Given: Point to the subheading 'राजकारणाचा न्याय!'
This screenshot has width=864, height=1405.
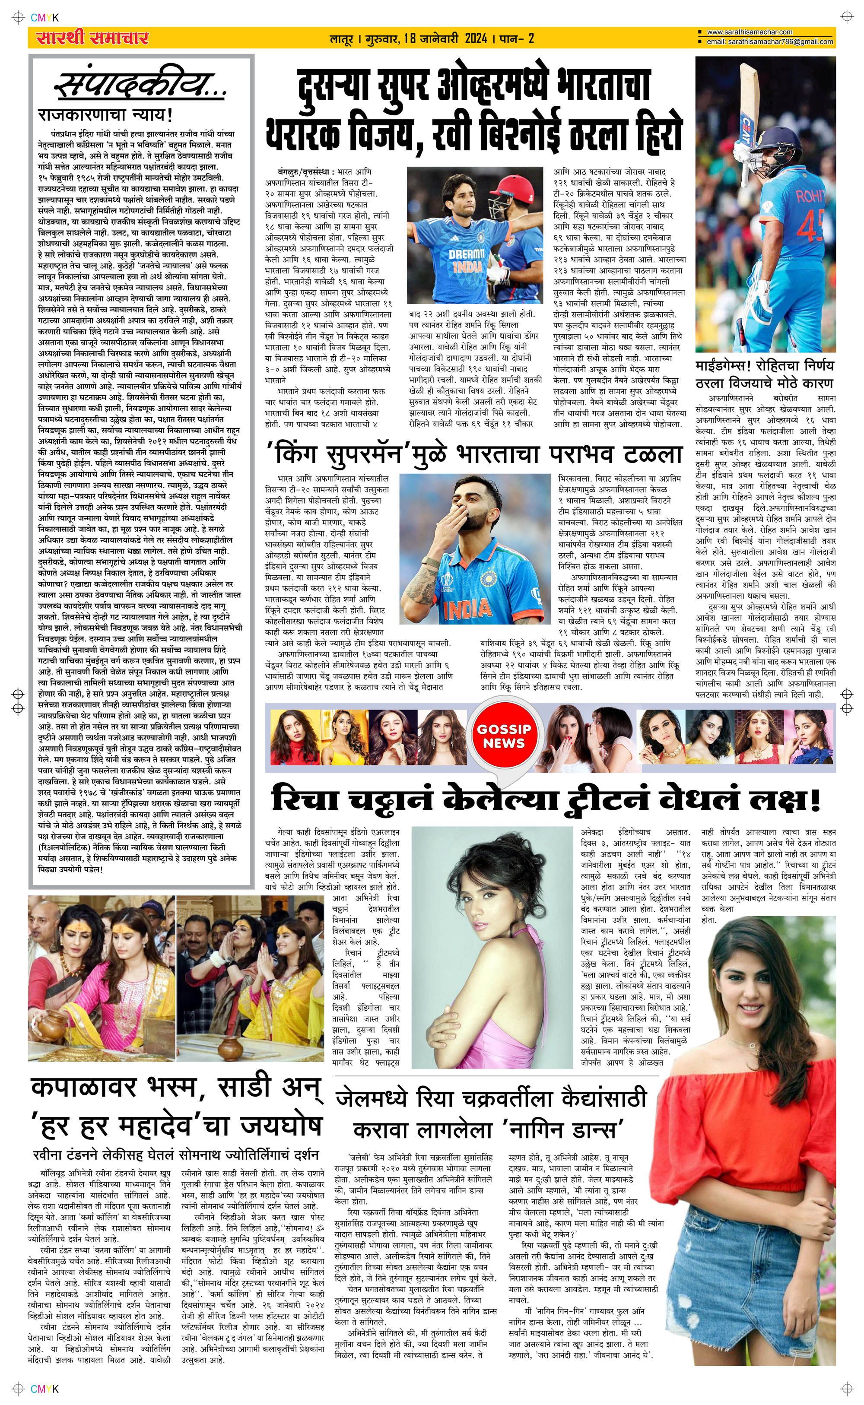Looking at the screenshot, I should coord(106,115).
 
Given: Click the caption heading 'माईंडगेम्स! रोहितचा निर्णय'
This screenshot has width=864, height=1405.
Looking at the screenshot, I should coord(765,365).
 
